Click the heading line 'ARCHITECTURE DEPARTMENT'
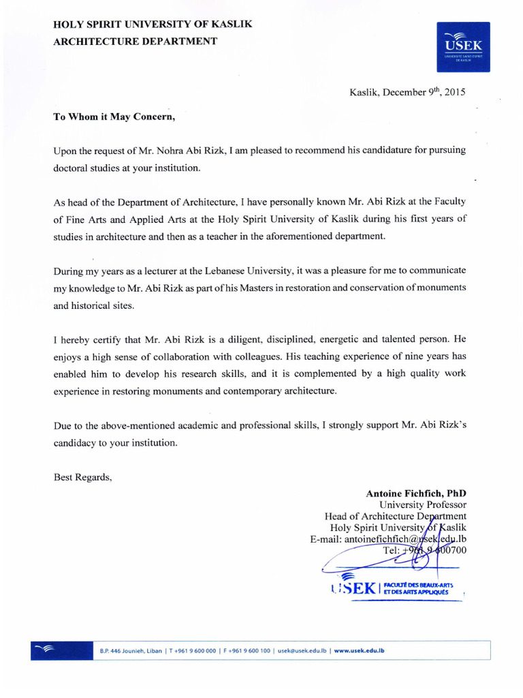136,41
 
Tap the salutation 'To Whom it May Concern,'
114,116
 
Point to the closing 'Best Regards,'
82,477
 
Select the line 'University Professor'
422,505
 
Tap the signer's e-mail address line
388,539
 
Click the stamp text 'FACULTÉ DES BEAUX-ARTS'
417,584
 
